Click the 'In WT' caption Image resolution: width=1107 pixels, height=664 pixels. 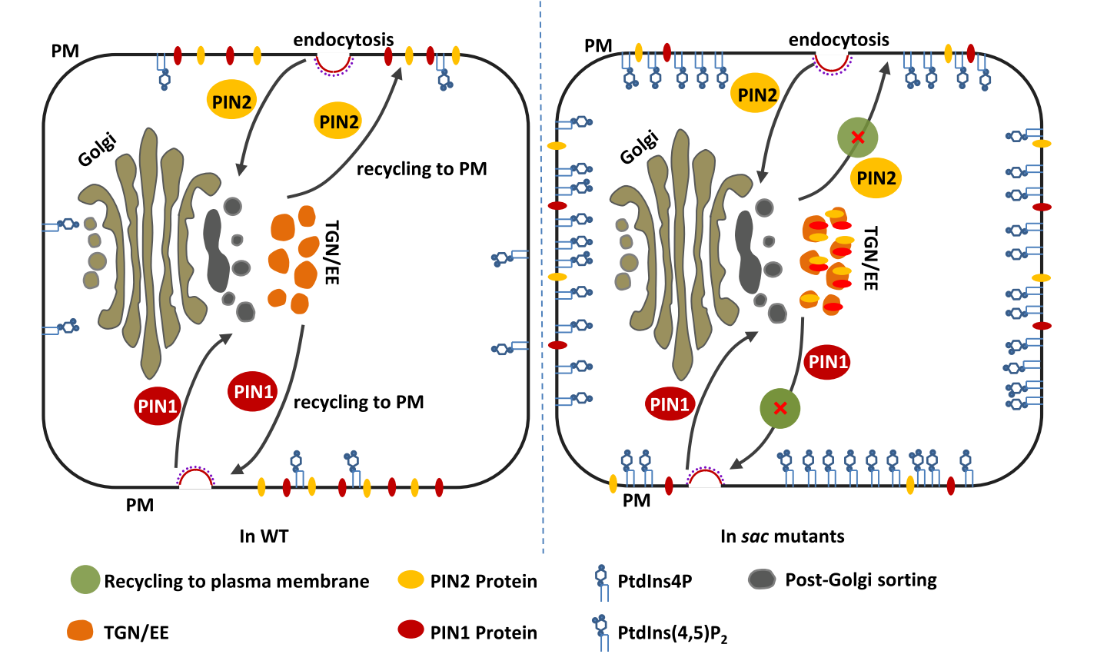(x=264, y=536)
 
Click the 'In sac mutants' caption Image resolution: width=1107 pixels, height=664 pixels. (x=782, y=536)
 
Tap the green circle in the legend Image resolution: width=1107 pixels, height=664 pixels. (x=85, y=580)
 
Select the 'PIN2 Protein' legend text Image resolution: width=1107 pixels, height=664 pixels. (x=484, y=580)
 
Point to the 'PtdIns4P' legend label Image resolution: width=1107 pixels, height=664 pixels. (x=654, y=580)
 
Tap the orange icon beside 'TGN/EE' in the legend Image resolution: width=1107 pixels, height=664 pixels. (x=81, y=631)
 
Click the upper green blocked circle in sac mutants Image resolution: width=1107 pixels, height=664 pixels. (x=857, y=138)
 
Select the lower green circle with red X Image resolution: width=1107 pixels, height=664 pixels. (x=780, y=408)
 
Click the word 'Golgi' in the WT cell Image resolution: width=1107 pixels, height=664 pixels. (x=98, y=150)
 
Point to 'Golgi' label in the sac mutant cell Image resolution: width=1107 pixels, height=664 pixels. (x=640, y=148)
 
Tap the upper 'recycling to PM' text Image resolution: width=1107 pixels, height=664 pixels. (x=421, y=169)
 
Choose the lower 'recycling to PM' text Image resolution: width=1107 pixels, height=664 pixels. (x=358, y=402)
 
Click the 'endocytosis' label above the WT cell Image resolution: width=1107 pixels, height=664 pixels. (x=344, y=39)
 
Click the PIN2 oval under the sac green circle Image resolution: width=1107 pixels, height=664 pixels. (x=876, y=178)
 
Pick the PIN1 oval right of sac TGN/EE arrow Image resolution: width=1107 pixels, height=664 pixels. (x=827, y=361)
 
